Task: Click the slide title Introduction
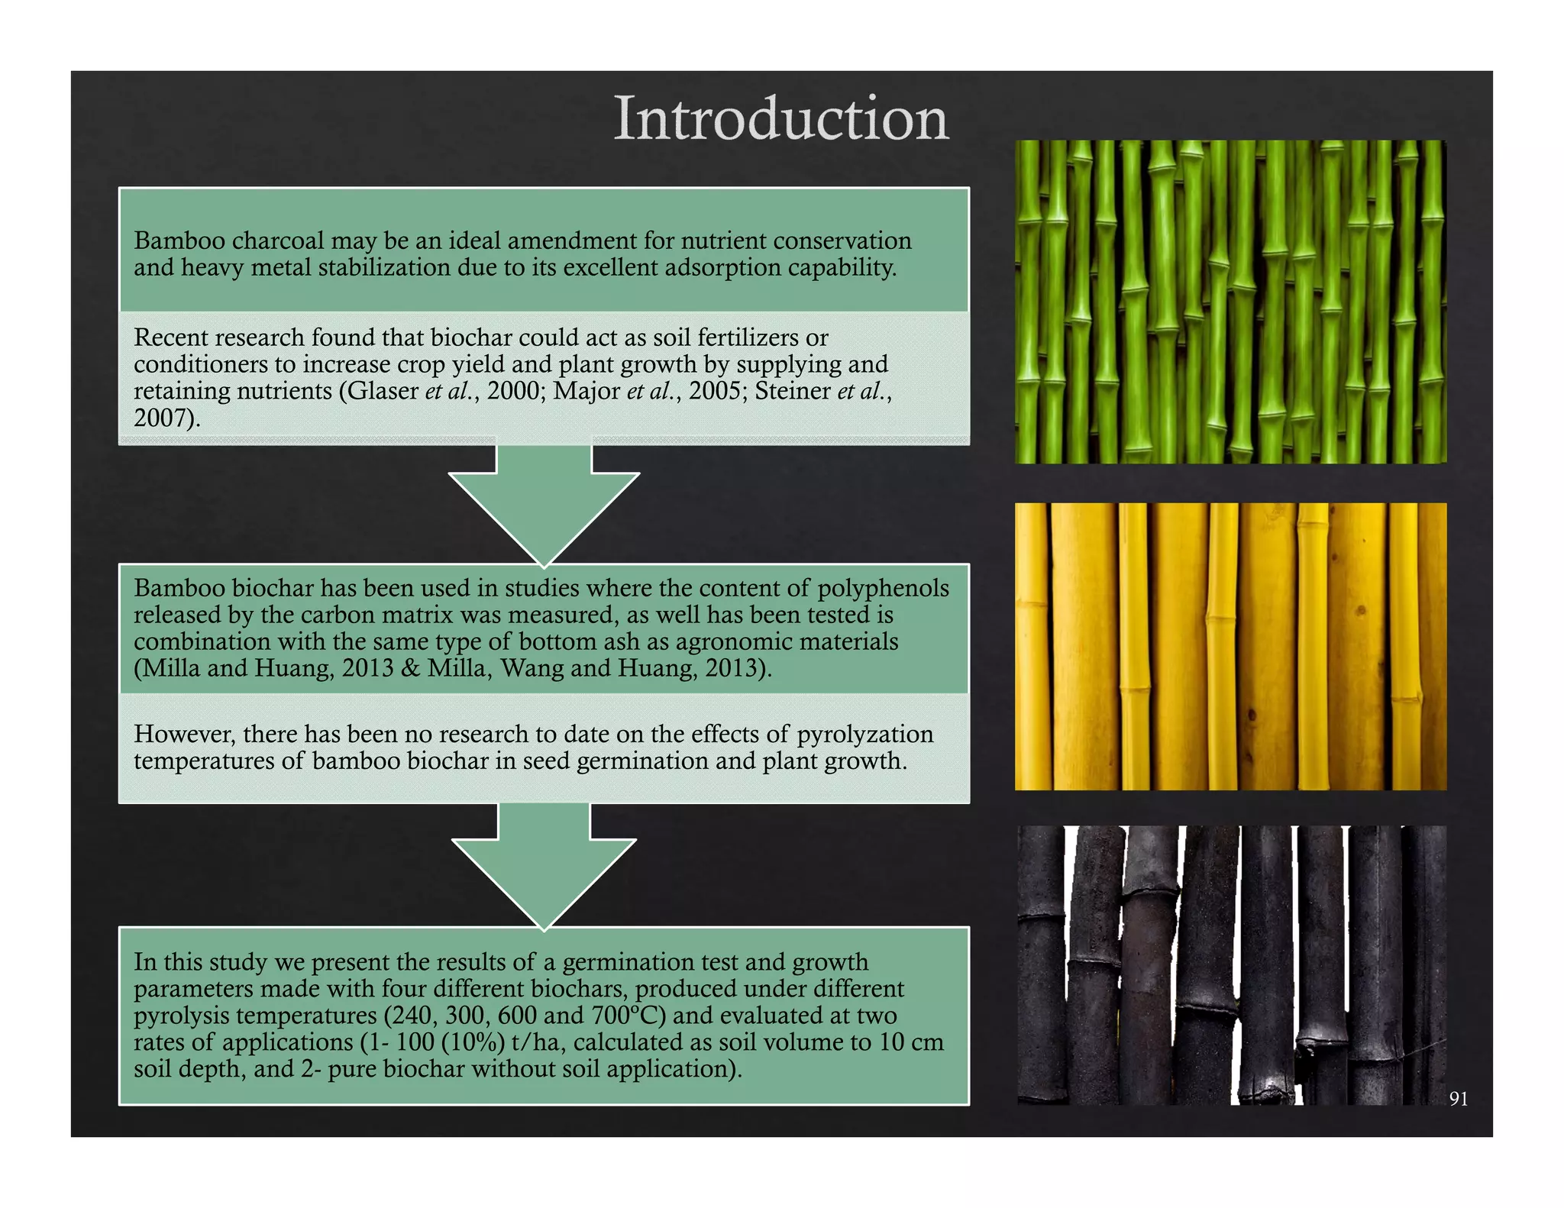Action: click(780, 118)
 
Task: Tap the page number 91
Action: click(1458, 1098)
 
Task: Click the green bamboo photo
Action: click(1230, 302)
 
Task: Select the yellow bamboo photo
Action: click(1230, 646)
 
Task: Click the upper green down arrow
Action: click(544, 504)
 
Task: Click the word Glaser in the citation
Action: click(383, 391)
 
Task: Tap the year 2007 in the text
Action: click(160, 418)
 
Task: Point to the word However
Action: click(184, 734)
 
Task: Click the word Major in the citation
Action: click(586, 391)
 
